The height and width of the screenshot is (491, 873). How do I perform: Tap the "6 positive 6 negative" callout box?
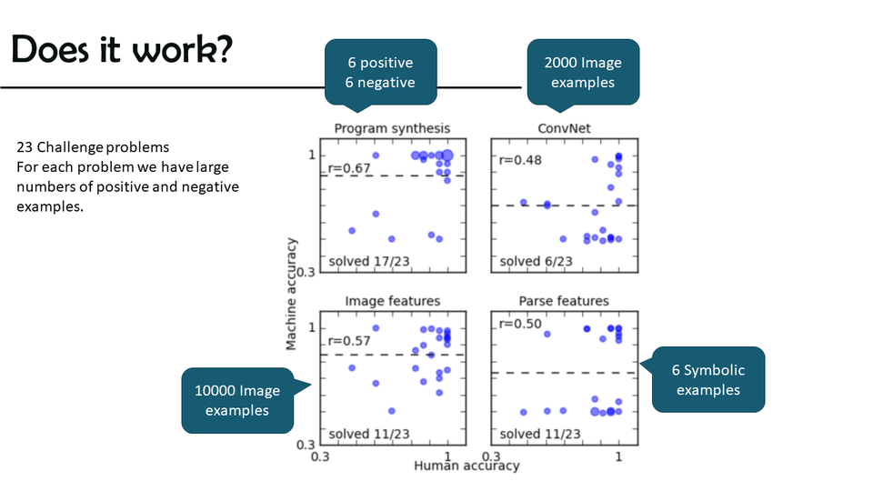pyautogui.click(x=380, y=73)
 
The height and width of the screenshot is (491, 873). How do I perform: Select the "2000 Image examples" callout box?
pyautogui.click(x=583, y=73)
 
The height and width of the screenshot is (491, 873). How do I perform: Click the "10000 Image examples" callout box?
pyautogui.click(x=237, y=400)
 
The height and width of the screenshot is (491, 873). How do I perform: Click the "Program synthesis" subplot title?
pyautogui.click(x=392, y=128)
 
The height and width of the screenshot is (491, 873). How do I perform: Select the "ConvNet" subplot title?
pyautogui.click(x=565, y=128)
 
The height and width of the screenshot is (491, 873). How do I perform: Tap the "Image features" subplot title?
pyautogui.click(x=392, y=301)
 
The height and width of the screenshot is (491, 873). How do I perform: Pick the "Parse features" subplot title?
pyautogui.click(x=564, y=301)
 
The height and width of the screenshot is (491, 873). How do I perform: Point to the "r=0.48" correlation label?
pyautogui.click(x=518, y=160)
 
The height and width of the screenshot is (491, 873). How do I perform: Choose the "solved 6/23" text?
pyautogui.click(x=536, y=261)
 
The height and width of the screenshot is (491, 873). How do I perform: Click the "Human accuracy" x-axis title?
pyautogui.click(x=467, y=466)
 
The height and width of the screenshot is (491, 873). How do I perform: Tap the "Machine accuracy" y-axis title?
pyautogui.click(x=292, y=294)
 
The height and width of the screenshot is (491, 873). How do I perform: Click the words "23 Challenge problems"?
pyautogui.click(x=93, y=146)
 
